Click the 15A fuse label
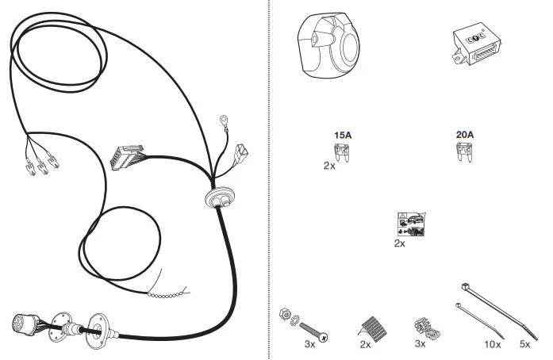343,135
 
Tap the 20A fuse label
465,134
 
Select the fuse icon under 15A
342,152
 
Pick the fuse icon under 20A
464,151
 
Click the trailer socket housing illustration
328,44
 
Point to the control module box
477,44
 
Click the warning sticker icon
411,224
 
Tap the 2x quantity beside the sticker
400,243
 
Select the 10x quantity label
493,344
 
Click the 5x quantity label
524,344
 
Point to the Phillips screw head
323,337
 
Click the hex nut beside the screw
285,314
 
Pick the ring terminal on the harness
224,121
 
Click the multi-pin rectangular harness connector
127,157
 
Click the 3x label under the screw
309,344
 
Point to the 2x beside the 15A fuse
329,166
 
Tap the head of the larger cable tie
465,286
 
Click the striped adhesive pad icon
373,328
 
